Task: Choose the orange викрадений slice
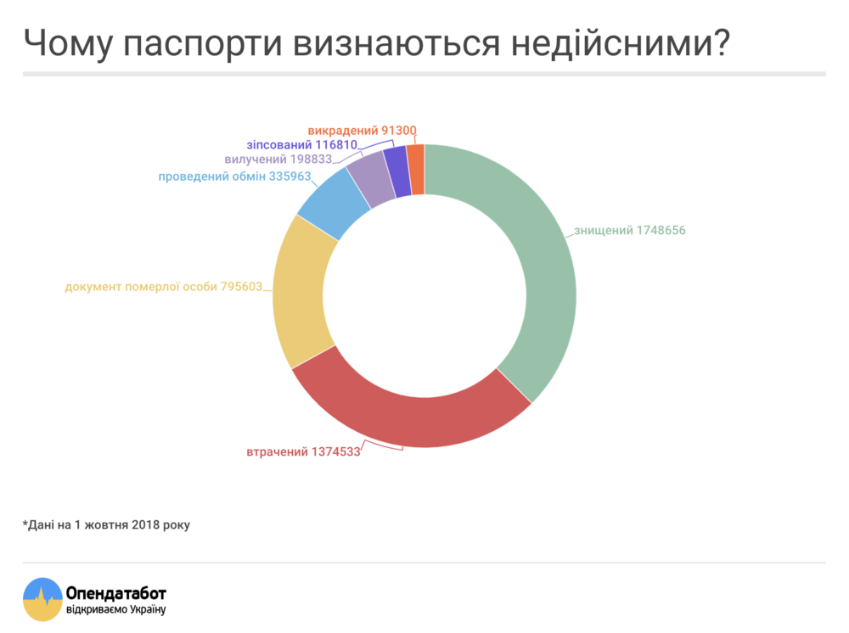tap(415, 168)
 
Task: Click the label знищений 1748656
tap(629, 231)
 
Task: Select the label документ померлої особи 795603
tap(164, 287)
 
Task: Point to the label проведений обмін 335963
tap(234, 176)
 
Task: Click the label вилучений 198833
tap(278, 160)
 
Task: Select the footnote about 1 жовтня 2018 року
tap(106, 524)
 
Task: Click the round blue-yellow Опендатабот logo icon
tap(42, 599)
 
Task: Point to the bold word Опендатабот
tap(115, 592)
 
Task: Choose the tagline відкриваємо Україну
tap(115, 609)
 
